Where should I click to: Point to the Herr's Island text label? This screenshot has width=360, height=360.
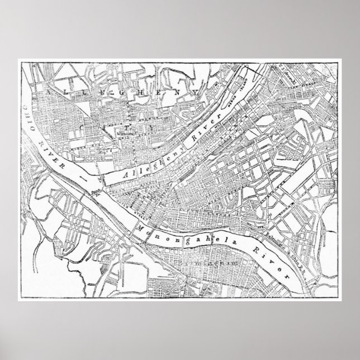(241, 92)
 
